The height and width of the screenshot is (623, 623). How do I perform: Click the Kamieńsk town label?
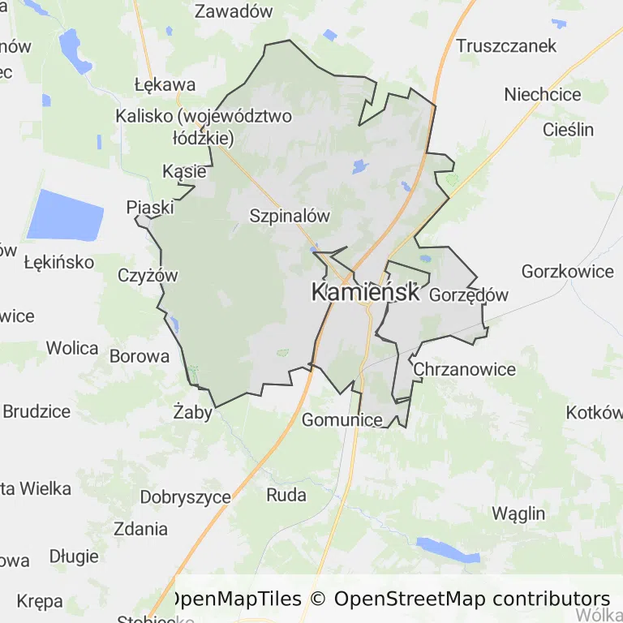pos(366,293)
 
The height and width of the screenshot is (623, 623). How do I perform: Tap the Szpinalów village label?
pos(290,216)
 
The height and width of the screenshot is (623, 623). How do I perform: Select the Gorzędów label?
pos(468,294)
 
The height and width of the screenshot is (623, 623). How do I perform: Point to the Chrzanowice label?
pos(464,370)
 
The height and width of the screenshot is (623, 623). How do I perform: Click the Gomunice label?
pos(342,420)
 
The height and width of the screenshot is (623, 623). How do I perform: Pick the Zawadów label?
pos(234,11)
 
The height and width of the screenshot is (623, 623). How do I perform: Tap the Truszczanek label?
pos(506,45)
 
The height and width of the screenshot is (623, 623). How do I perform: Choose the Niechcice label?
pos(543,95)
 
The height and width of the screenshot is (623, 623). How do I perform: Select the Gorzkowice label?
pos(568,272)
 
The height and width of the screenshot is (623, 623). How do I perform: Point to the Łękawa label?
pos(165,84)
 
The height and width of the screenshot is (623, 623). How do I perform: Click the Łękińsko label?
pos(59,263)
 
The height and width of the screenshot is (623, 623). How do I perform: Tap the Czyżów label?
pos(148,275)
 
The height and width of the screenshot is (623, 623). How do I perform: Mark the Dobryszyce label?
pos(186,497)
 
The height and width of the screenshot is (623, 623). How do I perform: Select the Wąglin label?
pos(518,513)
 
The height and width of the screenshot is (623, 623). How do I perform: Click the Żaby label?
pos(193,413)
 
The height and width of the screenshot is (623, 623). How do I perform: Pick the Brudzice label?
pos(37,411)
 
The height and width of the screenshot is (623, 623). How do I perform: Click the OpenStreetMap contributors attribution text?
pos(472,599)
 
